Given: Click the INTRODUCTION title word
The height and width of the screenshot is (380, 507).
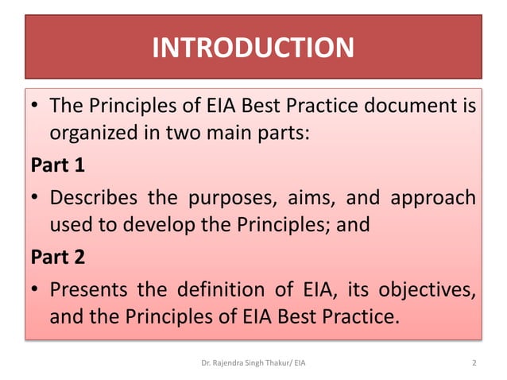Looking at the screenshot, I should point(253,48).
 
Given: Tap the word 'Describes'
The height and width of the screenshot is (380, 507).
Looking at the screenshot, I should point(91,197).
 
